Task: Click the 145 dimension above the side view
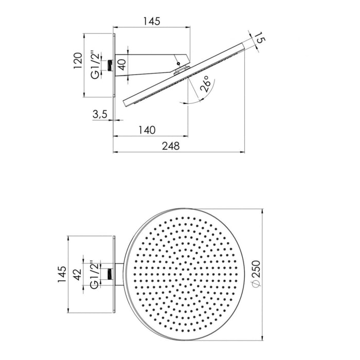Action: pyautogui.click(x=152, y=21)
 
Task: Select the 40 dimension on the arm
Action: pyautogui.click(x=121, y=65)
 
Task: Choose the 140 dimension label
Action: pyautogui.click(x=147, y=130)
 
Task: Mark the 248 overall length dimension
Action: pyautogui.click(x=170, y=146)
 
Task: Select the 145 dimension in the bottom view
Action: pyautogui.click(x=62, y=275)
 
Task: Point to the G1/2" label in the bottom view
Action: pyautogui.click(x=95, y=273)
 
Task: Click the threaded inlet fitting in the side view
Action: pyautogui.click(x=110, y=65)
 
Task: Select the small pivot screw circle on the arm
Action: pyautogui.click(x=178, y=65)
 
